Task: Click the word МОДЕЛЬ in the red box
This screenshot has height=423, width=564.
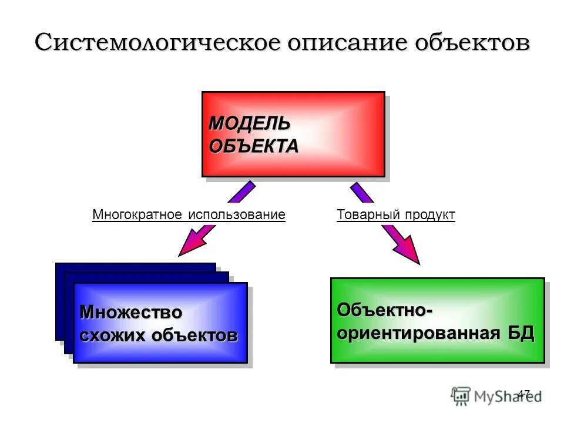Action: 250,124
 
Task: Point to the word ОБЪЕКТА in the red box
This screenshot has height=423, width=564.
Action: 253,146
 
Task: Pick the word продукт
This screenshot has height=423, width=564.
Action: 428,215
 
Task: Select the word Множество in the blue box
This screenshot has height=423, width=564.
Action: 131,312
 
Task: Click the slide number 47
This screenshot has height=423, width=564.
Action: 523,393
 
